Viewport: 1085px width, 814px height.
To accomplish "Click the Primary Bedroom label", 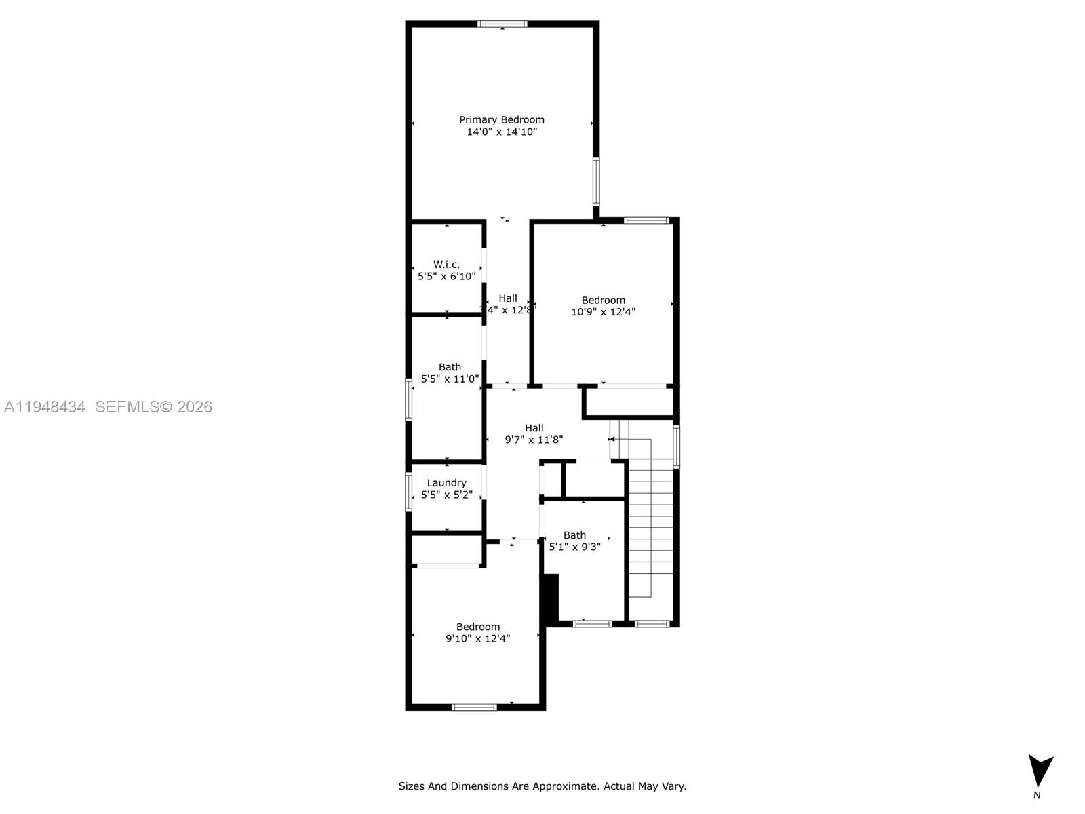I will (x=502, y=120).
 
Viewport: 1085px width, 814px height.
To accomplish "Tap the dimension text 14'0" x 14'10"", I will (x=502, y=132).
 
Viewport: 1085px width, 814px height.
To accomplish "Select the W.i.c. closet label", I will (x=447, y=265).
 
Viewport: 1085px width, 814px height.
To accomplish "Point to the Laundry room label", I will (x=447, y=483).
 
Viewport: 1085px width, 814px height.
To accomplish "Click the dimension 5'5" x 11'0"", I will (x=450, y=379).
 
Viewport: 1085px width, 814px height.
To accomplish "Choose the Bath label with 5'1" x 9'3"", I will (x=574, y=535).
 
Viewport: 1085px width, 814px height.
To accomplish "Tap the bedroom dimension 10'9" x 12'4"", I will (x=603, y=312).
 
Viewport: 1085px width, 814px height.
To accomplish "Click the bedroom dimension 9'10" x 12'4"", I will (x=477, y=638).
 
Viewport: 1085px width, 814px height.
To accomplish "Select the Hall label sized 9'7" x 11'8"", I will (x=534, y=428).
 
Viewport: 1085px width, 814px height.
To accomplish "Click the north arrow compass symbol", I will (x=1040, y=771).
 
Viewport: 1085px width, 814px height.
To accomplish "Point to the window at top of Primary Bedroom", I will (x=502, y=24).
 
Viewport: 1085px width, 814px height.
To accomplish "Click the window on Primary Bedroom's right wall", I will (x=596, y=181).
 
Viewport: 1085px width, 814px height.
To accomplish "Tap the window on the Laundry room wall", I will (x=409, y=492).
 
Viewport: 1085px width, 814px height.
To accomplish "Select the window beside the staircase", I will (x=676, y=446).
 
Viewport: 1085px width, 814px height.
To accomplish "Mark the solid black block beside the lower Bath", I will (x=550, y=598).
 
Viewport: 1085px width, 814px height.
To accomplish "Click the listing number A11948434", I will (x=45, y=407).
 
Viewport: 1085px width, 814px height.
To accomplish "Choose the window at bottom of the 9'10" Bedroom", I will (x=474, y=708).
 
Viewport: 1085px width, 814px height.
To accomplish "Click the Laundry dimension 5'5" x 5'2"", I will (x=447, y=495).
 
